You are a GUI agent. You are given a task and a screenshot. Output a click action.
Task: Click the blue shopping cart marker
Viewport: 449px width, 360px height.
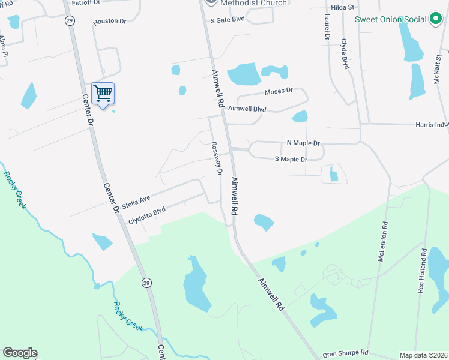coord(103,94)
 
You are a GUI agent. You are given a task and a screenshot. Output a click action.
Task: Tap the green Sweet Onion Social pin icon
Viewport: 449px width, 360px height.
coord(436,19)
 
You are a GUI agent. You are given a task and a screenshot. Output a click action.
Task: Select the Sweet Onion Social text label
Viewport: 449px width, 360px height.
coord(390,19)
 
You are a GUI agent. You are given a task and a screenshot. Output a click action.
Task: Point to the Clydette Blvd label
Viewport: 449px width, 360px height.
coord(146,217)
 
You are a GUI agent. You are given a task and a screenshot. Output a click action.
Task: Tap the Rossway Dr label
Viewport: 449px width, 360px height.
coord(217,158)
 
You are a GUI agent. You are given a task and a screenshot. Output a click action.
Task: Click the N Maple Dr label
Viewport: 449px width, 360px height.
coord(303,143)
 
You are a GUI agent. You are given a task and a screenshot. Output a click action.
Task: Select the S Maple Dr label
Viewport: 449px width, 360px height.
coord(291,159)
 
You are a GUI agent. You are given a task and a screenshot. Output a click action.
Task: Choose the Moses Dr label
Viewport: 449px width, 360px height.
coord(278,91)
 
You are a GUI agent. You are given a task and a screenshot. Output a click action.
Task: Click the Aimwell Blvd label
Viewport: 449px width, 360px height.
coord(247,109)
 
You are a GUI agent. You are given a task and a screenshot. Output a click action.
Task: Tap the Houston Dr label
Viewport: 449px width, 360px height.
coord(110,22)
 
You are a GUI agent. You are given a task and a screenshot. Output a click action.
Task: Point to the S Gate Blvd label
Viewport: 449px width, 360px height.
coord(228,19)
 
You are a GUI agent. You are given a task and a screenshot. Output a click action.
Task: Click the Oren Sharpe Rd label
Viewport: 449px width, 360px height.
coord(345,353)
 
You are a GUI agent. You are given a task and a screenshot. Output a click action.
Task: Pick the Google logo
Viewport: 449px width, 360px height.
coord(20,353)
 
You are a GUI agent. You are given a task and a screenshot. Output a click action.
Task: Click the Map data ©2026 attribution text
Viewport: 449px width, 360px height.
coord(423,355)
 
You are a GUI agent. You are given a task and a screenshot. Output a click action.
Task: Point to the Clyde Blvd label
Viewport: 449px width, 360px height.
coord(345,54)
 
